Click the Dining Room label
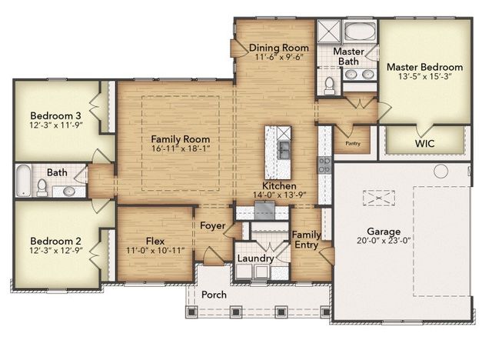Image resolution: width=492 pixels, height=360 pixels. tap(279, 48)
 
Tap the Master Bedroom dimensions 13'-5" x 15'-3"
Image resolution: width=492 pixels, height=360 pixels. tap(424, 78)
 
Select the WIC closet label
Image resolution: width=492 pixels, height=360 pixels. tap(425, 143)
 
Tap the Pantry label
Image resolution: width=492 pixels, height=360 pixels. tap(354, 143)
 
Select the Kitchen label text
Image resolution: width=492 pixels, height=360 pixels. tap(278, 186)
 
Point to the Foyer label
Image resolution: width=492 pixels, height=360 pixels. tap(212, 226)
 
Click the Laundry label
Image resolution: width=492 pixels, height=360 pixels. tap(254, 258)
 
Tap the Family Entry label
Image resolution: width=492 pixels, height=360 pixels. tap(306, 239)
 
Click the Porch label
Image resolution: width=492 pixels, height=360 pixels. tap(214, 295)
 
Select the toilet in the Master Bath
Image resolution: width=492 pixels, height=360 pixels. tap(329, 85)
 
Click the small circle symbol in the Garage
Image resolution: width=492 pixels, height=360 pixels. tap(441, 170)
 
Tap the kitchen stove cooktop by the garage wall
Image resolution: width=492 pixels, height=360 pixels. tap(325, 164)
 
